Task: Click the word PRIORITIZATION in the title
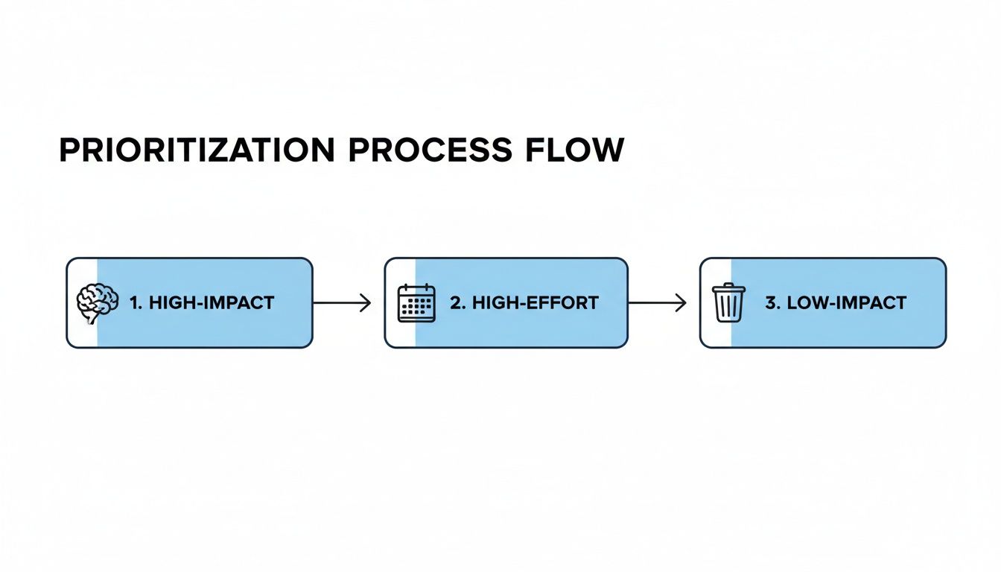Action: coord(197,150)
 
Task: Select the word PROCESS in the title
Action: coord(430,150)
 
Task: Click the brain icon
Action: coord(98,302)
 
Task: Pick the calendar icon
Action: coord(416,302)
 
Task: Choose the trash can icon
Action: coord(728,302)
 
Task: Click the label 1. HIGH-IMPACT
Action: coord(202,303)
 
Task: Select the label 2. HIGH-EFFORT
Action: coord(524,303)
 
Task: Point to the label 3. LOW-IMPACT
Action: coord(836,303)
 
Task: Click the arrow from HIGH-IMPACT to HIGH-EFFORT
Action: coord(342,303)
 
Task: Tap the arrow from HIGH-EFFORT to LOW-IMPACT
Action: coord(658,303)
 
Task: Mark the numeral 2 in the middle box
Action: coord(455,303)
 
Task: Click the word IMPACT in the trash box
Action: coord(871,303)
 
